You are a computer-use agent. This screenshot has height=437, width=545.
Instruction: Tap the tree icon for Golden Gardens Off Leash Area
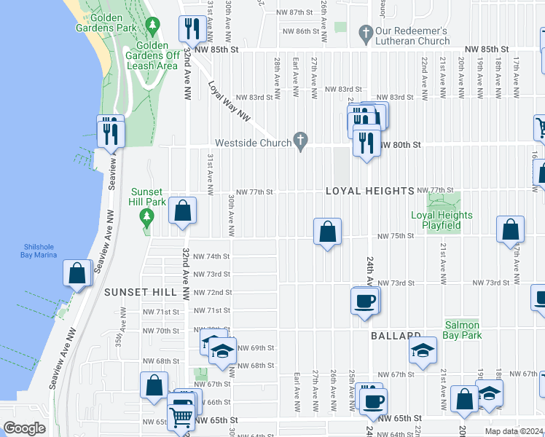coord(152,26)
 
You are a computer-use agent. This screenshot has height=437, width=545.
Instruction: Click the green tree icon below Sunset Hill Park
coord(147,217)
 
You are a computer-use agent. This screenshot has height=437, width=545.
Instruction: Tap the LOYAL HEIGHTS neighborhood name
coord(369,191)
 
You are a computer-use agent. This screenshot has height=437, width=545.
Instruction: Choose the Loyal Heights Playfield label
coord(442,220)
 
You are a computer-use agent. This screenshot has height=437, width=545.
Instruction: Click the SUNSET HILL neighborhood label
coord(141,291)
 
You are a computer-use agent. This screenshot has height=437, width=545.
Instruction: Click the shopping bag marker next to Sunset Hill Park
coord(183,210)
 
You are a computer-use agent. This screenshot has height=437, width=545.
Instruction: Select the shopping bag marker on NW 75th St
coord(328,232)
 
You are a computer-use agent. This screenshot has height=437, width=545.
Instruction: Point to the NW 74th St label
coord(212,256)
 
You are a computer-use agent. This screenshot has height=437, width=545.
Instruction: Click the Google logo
coord(24,428)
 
